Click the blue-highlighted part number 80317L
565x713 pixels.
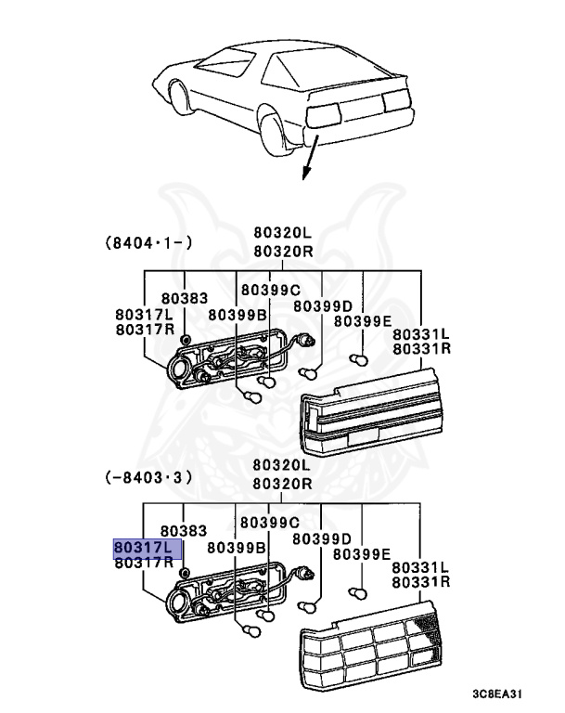coord(142,547)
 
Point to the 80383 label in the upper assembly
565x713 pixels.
coord(184,298)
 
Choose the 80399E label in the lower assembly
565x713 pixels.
coord(363,553)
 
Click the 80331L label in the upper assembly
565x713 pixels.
coord(420,333)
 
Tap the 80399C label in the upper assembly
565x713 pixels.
coord(270,290)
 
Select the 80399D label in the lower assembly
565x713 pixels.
coord(322,538)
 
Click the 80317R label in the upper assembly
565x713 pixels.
coord(144,330)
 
